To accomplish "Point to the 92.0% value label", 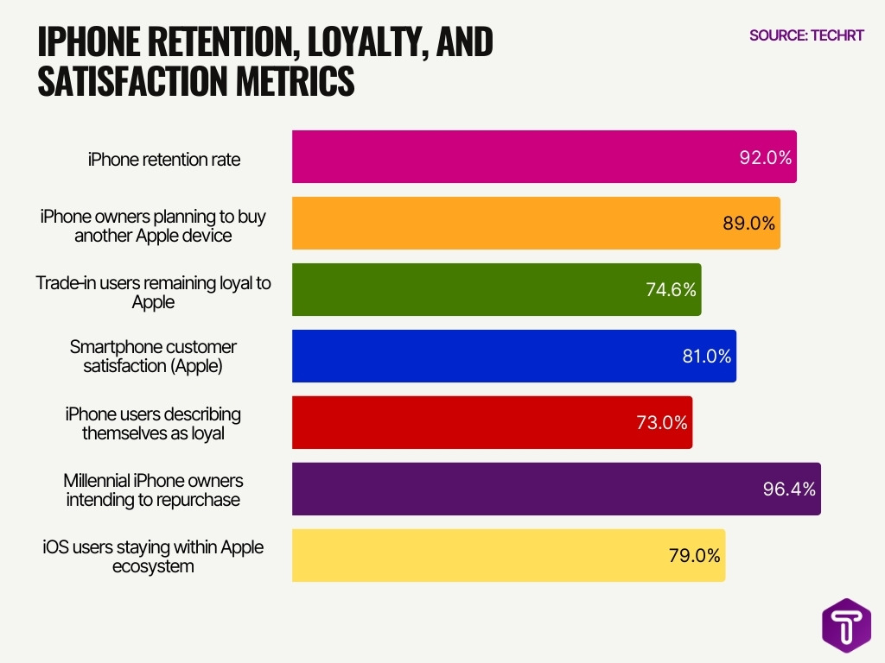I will click(x=766, y=157).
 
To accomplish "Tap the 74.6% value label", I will click(x=671, y=290).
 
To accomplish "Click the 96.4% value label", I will click(x=788, y=489).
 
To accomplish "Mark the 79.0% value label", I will click(x=694, y=555).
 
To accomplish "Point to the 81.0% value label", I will click(x=706, y=356).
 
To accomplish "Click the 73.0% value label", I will click(x=662, y=423).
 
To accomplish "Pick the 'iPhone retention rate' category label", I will click(x=164, y=159).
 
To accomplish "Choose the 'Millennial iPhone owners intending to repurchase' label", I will click(x=153, y=489).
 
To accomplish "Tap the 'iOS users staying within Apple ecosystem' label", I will click(x=153, y=556).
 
